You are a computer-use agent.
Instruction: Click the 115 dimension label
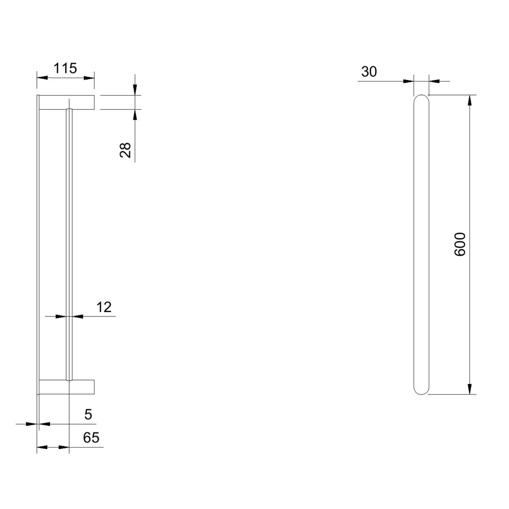(65, 68)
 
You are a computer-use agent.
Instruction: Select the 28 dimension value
(125, 150)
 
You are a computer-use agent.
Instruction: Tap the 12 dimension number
(104, 307)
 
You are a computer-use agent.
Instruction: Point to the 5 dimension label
(88, 414)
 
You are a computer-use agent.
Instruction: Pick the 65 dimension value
(91, 438)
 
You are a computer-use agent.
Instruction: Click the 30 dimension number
(369, 72)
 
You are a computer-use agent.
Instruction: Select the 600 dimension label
(460, 244)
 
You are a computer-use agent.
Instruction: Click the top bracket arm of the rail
(67, 102)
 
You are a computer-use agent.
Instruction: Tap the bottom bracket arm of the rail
(67, 387)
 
